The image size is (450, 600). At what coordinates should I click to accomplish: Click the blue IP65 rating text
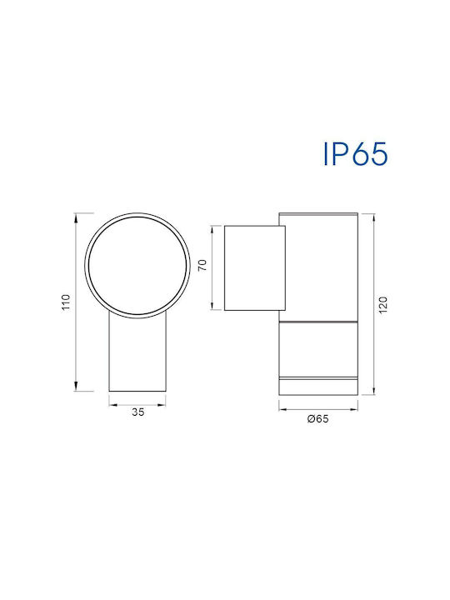356,154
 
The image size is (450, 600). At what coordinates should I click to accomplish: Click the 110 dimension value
66,302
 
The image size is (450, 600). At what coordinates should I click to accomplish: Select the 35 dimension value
138,412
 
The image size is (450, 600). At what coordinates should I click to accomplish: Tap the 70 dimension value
202,265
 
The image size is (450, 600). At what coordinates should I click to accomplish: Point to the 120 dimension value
382,305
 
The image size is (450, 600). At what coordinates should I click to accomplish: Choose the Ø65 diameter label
317,418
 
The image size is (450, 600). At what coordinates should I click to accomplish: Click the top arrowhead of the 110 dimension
76,218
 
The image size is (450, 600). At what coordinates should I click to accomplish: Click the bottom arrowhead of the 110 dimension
76,386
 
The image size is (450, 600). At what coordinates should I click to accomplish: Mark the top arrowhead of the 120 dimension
372,218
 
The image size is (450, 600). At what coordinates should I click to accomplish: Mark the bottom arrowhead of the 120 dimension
372,389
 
